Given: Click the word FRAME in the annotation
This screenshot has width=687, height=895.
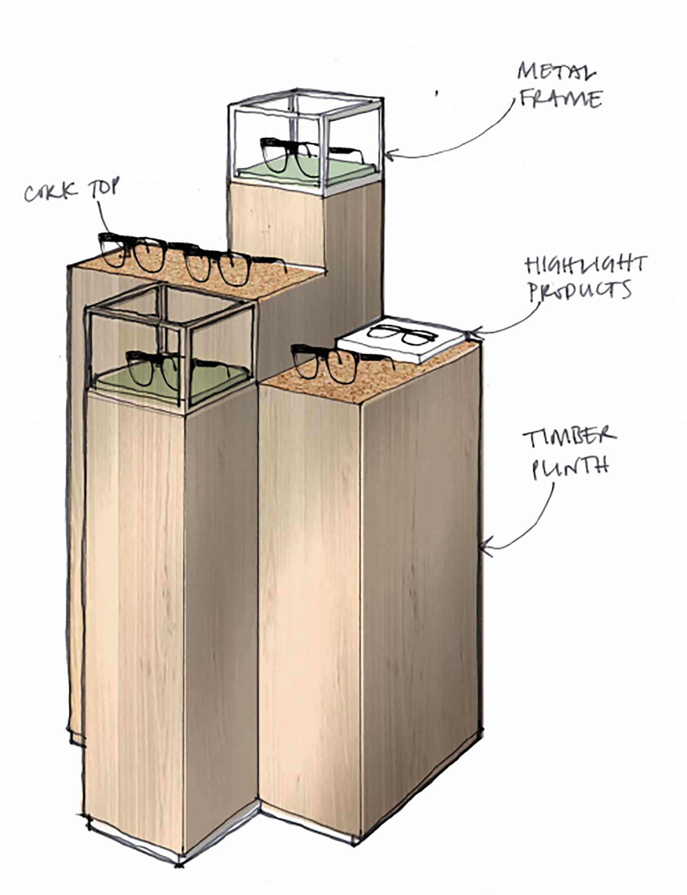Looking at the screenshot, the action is [561, 98].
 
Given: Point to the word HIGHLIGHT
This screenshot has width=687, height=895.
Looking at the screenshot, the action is [586, 265].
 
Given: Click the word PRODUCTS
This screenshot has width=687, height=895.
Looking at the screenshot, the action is [580, 291].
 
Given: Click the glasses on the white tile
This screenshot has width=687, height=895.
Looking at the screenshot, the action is [401, 334].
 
